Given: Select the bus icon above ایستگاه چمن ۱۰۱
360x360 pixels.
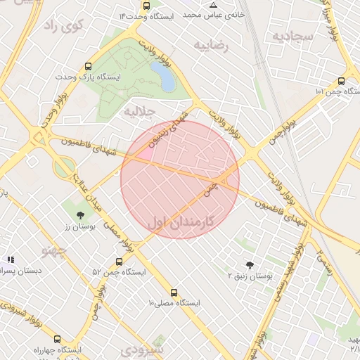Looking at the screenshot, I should click(341, 81).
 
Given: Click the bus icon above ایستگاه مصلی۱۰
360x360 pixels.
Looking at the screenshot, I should click(174, 292).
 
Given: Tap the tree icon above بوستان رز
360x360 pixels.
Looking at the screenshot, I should click(79, 215).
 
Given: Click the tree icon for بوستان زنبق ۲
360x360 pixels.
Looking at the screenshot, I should click(250, 264).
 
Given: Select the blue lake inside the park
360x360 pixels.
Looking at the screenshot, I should click(162, 75).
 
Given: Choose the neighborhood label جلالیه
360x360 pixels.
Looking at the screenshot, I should click(139, 111).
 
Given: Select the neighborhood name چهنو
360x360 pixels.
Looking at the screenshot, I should click(53, 250).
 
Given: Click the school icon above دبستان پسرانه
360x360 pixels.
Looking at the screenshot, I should click(11, 259).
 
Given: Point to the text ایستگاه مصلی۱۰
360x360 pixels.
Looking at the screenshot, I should click(174, 303).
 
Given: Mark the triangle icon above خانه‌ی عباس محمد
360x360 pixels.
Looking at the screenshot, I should click(213, 5).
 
